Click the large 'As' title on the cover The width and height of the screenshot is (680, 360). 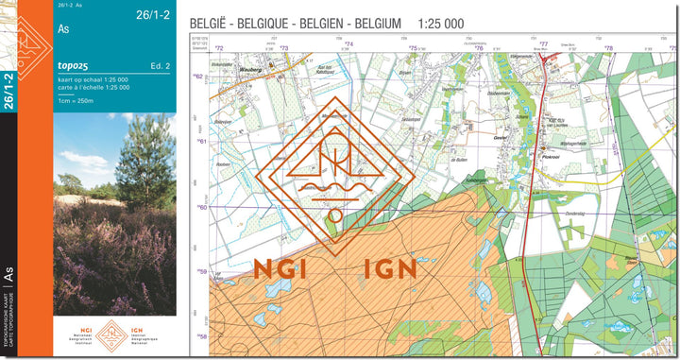(x=64, y=29)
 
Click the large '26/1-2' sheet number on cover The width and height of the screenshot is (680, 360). (x=155, y=14)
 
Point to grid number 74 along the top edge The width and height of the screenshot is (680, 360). (x=348, y=44)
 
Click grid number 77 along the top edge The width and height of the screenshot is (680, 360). (x=544, y=44)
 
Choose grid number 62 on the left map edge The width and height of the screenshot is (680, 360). (x=198, y=77)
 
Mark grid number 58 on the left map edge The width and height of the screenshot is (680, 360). (x=200, y=336)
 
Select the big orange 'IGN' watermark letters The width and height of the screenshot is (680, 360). (x=390, y=268)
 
